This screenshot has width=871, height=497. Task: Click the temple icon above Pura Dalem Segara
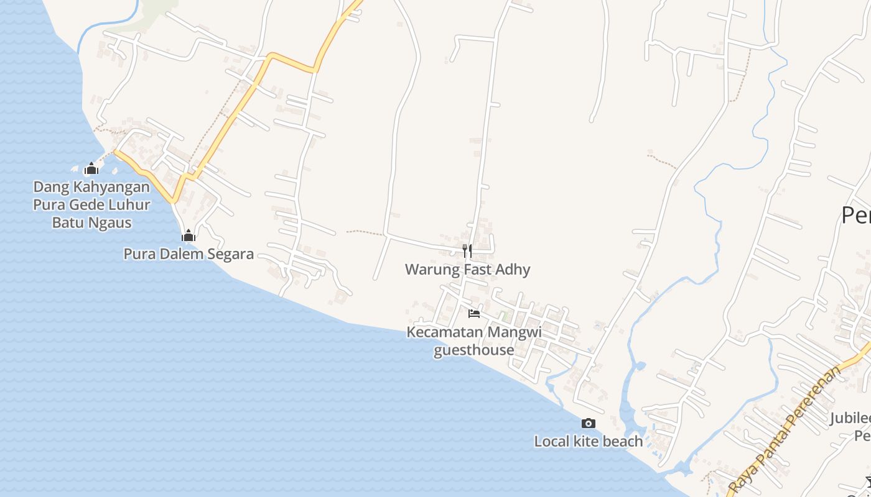click(189, 235)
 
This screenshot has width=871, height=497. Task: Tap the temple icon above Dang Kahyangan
click(91, 168)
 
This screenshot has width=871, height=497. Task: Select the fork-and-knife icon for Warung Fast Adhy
click(467, 251)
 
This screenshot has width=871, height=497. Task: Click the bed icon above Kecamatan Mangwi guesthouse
click(474, 313)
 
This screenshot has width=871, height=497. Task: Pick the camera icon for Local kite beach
click(588, 423)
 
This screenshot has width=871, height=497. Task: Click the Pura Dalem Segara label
click(189, 253)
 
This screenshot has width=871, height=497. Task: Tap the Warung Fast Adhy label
click(467, 270)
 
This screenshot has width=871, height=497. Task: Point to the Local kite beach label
click(588, 441)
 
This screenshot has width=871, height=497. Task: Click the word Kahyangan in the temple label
click(112, 187)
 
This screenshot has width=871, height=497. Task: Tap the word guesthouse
click(474, 350)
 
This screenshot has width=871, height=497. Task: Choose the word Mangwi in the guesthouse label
click(514, 332)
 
